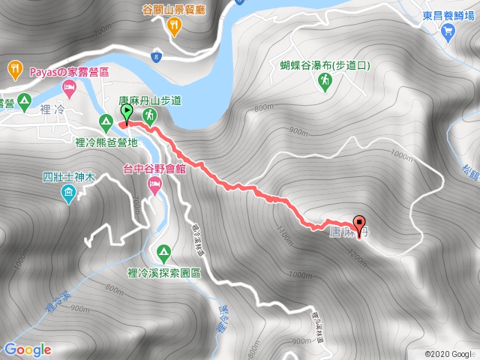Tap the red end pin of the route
point(359,224)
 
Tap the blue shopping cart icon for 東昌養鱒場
point(448,31)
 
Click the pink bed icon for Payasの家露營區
point(68,88)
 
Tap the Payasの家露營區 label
point(70,73)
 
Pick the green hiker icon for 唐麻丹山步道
point(151,115)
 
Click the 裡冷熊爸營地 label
point(106,141)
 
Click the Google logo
point(27,349)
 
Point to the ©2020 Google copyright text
point(448,353)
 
